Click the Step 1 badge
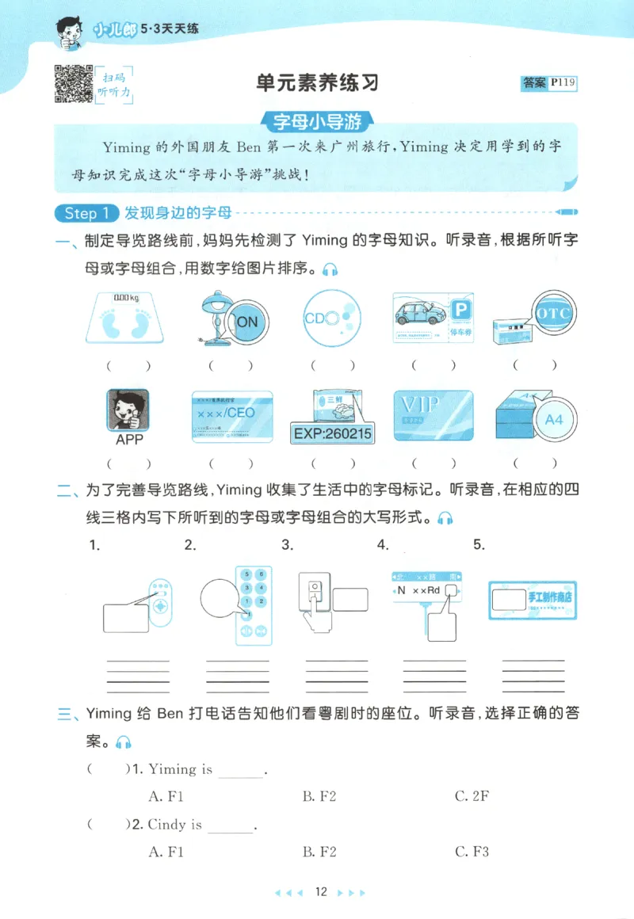[86, 213]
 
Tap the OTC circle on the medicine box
[552, 313]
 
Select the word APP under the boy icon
[129, 439]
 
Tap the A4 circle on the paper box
[553, 419]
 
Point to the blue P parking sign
[459, 311]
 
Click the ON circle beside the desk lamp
[247, 321]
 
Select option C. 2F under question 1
[472, 796]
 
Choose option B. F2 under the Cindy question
[319, 852]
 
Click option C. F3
[472, 852]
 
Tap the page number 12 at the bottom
[320, 892]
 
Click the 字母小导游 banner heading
[317, 122]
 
